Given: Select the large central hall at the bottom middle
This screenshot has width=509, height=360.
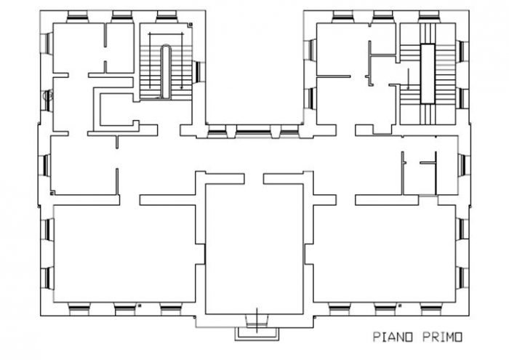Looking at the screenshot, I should point(254,247).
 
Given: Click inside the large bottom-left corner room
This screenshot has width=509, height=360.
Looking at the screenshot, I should point(124,251).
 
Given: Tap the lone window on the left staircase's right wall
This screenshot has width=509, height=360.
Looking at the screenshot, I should point(199,71).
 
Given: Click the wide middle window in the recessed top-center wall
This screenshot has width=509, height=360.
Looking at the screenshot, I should point(252,133).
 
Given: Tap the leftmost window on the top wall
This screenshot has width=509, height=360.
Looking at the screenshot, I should point(77,16).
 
